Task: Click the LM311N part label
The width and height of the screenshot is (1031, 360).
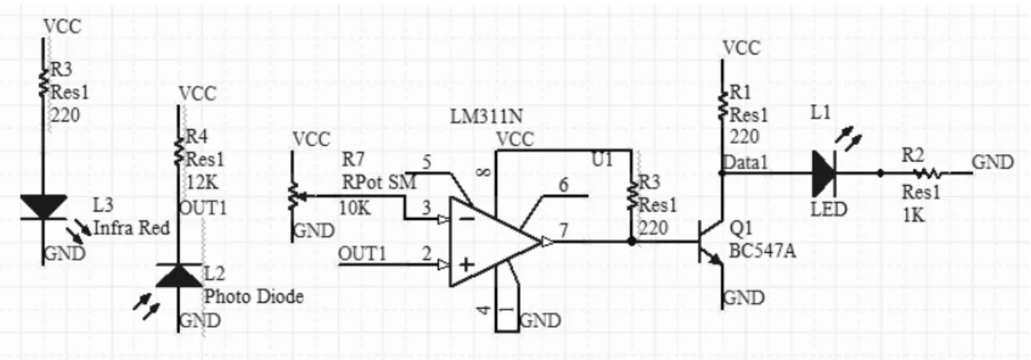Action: [x=486, y=117]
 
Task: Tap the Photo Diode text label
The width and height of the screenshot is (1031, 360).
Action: [x=254, y=297]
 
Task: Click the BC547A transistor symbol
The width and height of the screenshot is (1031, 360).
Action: [x=711, y=241]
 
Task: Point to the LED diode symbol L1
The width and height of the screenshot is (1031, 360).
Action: [x=824, y=174]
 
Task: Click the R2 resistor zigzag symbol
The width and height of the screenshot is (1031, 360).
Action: [x=928, y=174]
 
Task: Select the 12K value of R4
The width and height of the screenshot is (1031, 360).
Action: [x=202, y=182]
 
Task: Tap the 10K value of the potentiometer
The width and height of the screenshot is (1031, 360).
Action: [x=355, y=208]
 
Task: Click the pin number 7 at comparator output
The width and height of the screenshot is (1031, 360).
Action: [x=563, y=229]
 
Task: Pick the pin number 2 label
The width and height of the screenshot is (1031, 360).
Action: [x=426, y=254]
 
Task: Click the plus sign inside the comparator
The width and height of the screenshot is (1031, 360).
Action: [x=467, y=264]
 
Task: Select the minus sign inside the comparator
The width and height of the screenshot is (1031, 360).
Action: [x=467, y=218]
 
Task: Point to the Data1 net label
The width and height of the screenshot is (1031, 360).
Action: [x=746, y=162]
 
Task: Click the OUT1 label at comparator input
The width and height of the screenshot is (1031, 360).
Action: [x=361, y=254]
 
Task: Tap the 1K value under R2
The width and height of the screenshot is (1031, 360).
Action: [x=913, y=215]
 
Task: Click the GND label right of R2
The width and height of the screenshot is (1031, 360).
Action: [x=993, y=162]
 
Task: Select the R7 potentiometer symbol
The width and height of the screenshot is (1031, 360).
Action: [x=293, y=195]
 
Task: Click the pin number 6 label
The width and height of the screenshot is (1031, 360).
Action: [x=563, y=185]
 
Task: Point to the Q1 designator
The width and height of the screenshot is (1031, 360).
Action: [x=741, y=227]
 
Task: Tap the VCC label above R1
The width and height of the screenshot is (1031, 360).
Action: [x=741, y=48]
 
